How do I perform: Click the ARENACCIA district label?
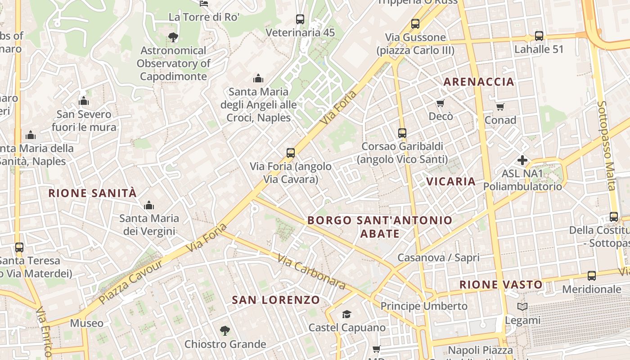pyautogui.click(x=479, y=81)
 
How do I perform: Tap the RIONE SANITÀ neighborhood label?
pyautogui.click(x=92, y=193)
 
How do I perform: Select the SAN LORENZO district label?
pyautogui.click(x=276, y=300)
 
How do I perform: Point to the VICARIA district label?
pyautogui.click(x=451, y=181)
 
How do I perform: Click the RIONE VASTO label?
pyautogui.click(x=501, y=284)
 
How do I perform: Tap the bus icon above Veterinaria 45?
pyautogui.click(x=300, y=19)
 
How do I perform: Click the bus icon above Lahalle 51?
pyautogui.click(x=539, y=36)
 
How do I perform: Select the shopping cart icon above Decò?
pyautogui.click(x=441, y=103)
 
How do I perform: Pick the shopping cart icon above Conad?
pyautogui.click(x=500, y=107)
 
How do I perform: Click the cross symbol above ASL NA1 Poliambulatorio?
pyautogui.click(x=522, y=160)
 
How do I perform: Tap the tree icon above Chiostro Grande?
pyautogui.click(x=225, y=331)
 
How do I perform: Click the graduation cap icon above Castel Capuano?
pyautogui.click(x=346, y=314)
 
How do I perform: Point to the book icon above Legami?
pyautogui.click(x=522, y=307)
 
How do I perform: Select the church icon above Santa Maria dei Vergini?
pyautogui.click(x=149, y=206)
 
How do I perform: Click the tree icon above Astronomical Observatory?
pyautogui.click(x=173, y=37)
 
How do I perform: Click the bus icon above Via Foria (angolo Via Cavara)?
pyautogui.click(x=291, y=153)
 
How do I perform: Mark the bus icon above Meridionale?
pyautogui.click(x=592, y=276)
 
